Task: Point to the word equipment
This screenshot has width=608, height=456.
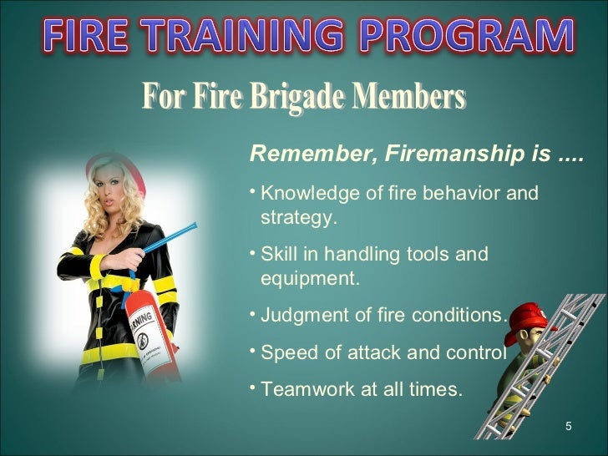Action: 310,279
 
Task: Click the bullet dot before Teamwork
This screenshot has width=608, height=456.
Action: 254,387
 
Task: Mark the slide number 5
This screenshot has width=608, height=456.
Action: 568,428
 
